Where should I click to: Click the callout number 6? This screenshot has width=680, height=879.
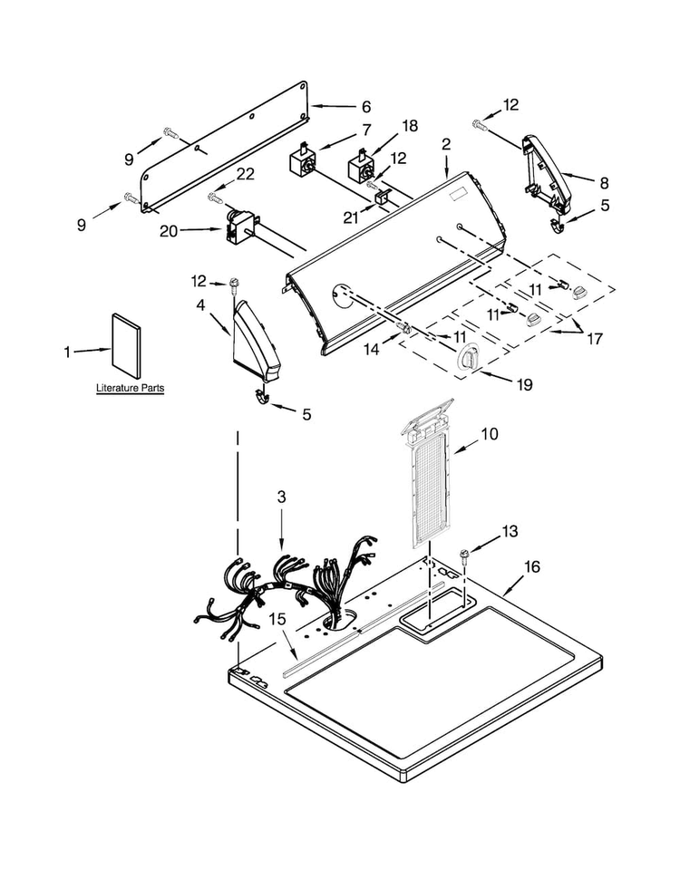pos(366,107)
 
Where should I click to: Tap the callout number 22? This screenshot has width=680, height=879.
pos(245,174)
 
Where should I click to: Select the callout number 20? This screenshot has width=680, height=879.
pos(169,230)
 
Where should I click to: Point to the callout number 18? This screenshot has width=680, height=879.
pos(410,126)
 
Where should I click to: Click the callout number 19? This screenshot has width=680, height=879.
pos(525,384)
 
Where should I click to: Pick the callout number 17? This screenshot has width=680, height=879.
pos(594,339)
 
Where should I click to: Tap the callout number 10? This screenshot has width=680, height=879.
pos(490,434)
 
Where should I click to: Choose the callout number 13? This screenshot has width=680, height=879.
pos(510,531)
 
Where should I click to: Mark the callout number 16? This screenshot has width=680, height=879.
pos(532,567)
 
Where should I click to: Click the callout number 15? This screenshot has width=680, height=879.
pos(277,619)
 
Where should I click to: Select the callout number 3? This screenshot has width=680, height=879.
pos(281,497)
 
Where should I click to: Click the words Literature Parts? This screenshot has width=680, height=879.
pos(131,388)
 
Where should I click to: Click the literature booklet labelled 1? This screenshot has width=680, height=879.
pos(126,343)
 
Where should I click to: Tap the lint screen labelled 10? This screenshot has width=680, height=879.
pos(429,475)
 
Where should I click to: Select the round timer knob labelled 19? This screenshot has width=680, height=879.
pos(467,356)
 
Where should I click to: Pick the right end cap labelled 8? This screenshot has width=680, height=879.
pos(547,174)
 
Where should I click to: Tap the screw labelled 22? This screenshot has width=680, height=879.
pos(216,197)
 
